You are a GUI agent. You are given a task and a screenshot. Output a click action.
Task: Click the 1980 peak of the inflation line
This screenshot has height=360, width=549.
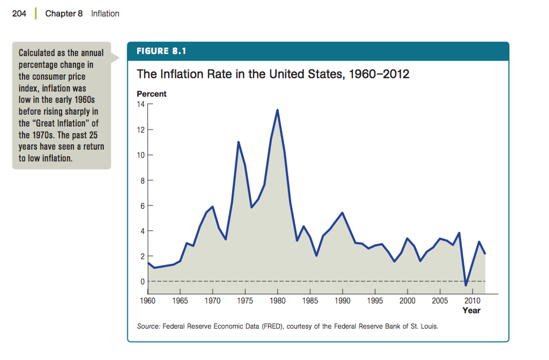277,110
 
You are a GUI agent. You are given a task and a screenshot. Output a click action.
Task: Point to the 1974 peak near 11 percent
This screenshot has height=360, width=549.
238,142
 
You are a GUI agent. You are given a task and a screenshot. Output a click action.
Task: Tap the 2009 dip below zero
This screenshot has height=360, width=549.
466,285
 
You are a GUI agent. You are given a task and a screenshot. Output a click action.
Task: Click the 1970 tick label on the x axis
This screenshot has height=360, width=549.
212,301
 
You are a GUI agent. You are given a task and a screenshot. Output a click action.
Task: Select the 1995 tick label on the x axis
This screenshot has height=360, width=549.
375,301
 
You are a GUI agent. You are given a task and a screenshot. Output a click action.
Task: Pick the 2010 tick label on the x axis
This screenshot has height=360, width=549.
472,301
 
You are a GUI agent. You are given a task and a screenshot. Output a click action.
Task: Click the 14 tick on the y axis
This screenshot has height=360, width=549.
140,105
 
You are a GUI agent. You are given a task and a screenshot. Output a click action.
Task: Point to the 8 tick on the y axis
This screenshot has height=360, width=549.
142,181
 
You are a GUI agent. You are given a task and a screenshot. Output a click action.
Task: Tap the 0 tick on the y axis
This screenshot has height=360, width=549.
142,282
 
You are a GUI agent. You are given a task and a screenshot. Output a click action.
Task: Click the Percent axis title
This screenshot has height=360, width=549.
152,94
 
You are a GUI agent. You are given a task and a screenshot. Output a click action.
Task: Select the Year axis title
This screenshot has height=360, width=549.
471,310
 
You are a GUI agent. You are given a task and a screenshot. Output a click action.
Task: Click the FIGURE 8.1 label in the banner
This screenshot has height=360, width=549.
161,52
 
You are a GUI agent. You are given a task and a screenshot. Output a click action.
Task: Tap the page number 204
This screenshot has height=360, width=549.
19,13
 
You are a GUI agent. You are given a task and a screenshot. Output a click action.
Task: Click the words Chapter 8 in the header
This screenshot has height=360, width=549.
64,13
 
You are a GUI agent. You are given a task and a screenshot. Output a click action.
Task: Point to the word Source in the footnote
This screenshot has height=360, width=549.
148,326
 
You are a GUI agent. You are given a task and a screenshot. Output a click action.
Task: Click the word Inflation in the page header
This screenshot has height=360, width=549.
105,13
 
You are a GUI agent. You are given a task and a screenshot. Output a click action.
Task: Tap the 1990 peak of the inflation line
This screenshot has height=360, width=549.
342,213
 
